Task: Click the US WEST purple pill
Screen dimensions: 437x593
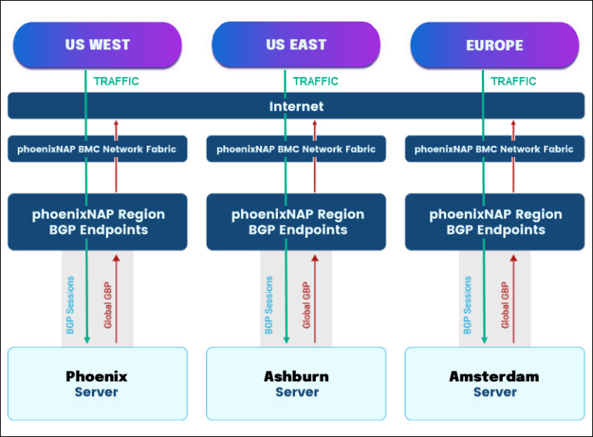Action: click(97, 45)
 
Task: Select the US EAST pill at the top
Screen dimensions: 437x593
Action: click(296, 45)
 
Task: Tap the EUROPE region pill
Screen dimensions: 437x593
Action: click(494, 46)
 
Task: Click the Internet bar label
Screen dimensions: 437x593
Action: click(296, 107)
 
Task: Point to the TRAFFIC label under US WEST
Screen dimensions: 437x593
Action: click(117, 81)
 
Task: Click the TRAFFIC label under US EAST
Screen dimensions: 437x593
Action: click(316, 81)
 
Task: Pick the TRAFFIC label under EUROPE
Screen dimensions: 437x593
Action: click(513, 81)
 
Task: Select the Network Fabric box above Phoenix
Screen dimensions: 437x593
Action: click(97, 149)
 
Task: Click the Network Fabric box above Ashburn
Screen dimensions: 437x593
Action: click(296, 149)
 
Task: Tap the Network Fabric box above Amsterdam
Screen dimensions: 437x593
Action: click(494, 149)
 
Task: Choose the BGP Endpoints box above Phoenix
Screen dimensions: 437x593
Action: click(97, 222)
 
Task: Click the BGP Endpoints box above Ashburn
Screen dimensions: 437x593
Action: click(297, 222)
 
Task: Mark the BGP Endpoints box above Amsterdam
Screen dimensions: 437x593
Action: click(494, 222)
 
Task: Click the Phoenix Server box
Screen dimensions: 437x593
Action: click(97, 384)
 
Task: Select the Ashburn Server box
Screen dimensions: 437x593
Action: click(296, 384)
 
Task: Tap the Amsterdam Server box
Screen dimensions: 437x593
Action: click(494, 384)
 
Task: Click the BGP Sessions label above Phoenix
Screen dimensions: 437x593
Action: click(71, 304)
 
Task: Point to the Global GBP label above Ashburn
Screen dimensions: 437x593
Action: click(307, 304)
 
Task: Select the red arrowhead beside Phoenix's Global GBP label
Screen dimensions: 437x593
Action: click(117, 259)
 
